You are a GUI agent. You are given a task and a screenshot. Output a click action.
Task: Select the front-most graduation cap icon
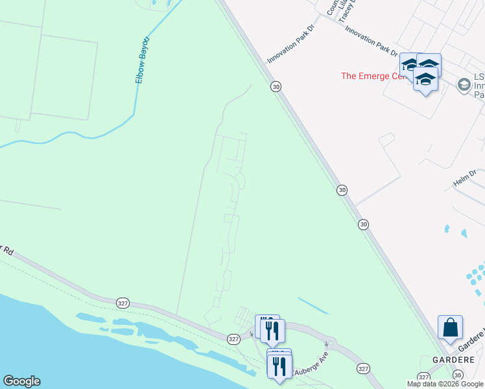[x=425, y=80]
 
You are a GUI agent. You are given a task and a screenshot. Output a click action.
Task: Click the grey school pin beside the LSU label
[x=464, y=84]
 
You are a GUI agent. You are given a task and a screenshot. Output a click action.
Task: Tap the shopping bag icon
[x=450, y=328]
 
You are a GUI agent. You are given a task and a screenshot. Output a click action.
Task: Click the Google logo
[x=21, y=381]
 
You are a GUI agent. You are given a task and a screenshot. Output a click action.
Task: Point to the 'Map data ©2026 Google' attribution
[x=445, y=384]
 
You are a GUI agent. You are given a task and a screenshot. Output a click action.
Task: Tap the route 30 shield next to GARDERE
[x=458, y=375]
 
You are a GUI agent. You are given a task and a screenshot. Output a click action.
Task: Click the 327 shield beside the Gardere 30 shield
[x=423, y=377]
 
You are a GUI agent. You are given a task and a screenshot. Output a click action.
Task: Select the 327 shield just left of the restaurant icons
[x=234, y=338]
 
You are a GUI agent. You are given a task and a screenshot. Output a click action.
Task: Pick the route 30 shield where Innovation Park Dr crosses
[x=276, y=86]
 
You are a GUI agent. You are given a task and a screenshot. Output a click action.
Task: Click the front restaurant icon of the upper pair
[x=272, y=330]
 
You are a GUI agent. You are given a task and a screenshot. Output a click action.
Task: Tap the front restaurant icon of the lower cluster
[x=279, y=366]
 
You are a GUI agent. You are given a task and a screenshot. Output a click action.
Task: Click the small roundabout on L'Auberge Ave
[x=330, y=343]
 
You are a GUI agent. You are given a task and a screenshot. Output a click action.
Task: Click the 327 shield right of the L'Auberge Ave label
[x=362, y=368]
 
